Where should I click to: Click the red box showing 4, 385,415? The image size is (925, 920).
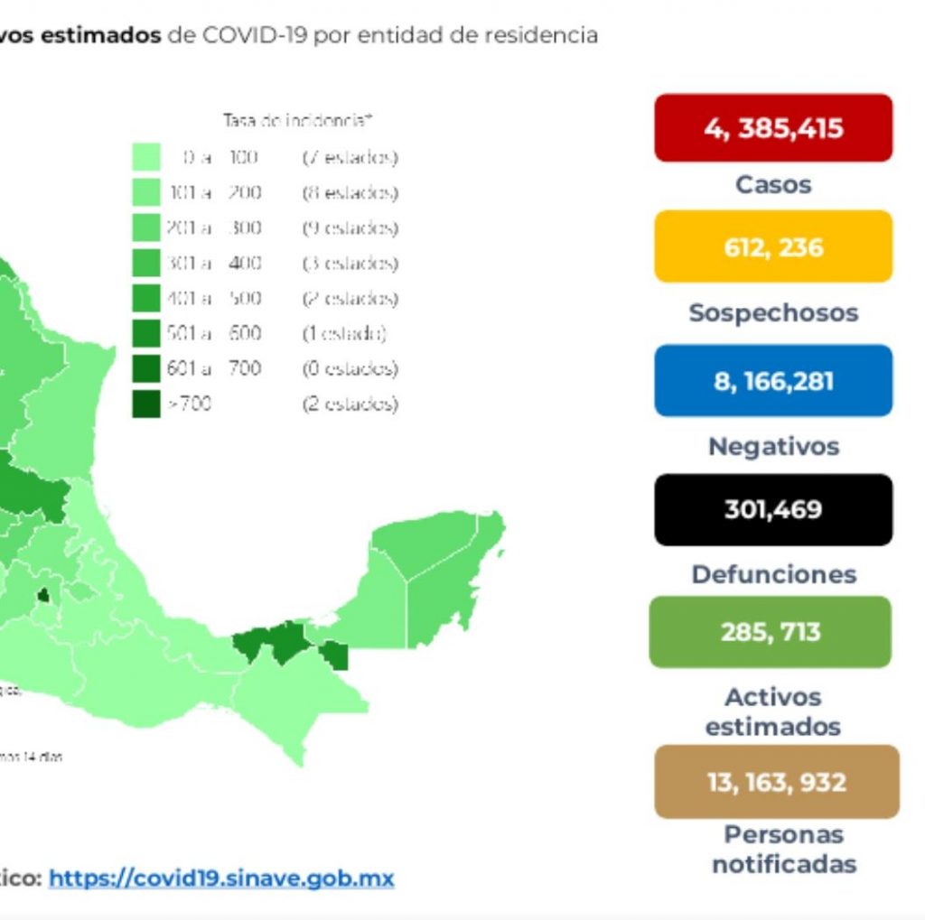[773, 128]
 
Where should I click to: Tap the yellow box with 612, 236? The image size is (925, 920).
[773, 246]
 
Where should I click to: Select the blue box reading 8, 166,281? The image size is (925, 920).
[773, 380]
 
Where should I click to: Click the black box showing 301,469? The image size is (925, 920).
[773, 509]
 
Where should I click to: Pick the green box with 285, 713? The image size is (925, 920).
[771, 631]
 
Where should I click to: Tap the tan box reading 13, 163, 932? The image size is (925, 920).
[777, 781]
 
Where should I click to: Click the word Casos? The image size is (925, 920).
[773, 184]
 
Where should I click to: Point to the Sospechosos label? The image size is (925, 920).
[773, 312]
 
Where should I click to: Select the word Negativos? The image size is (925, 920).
[773, 446]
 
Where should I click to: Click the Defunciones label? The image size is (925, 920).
[773, 574]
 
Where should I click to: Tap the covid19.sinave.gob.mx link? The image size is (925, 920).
[221, 878]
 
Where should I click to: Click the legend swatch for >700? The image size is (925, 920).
[146, 404]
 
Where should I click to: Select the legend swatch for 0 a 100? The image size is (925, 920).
[146, 158]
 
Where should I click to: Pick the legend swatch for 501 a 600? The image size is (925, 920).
[146, 333]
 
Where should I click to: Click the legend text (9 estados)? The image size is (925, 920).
[350, 228]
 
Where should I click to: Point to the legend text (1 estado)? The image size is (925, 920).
[344, 333]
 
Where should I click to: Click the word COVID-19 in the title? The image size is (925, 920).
[254, 35]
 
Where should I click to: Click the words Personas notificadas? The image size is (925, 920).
[784, 849]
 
